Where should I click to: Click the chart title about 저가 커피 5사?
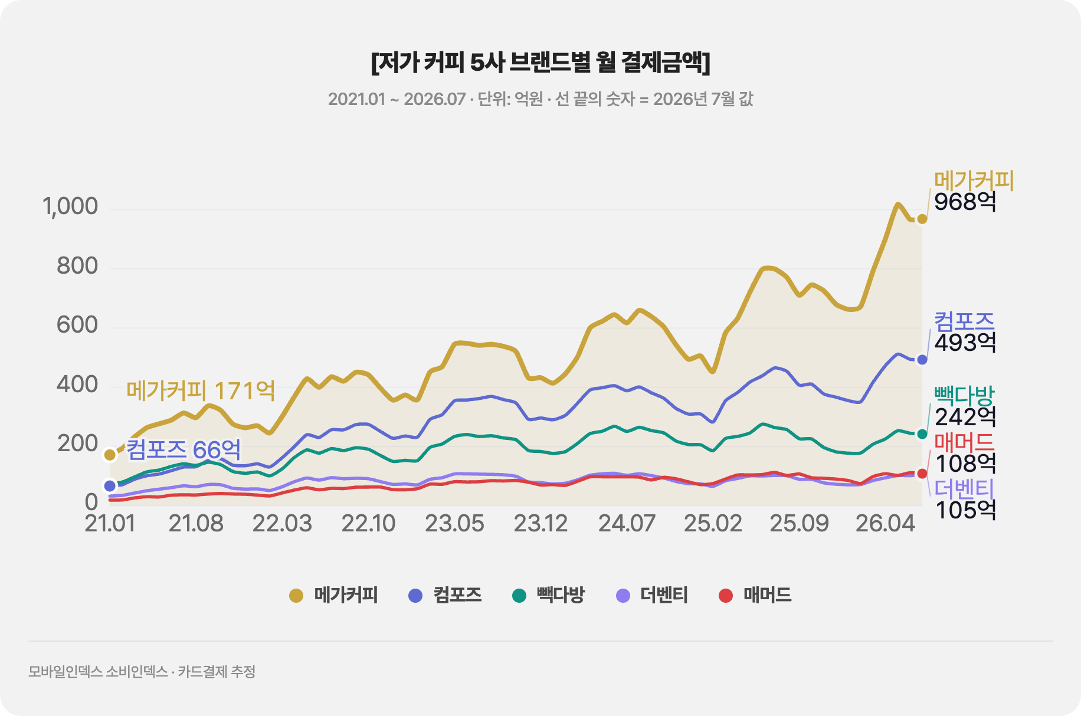540,62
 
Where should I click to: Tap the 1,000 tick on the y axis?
70,206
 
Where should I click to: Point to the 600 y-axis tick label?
77,325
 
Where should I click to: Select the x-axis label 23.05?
454,523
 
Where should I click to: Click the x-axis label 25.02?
713,523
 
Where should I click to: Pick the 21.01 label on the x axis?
110,523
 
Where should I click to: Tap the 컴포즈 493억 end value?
965,331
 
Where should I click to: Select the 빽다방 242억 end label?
965,406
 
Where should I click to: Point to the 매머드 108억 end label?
965,452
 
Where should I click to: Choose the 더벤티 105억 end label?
965,499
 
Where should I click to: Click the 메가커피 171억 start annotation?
201,390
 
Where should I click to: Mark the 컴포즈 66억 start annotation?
184,449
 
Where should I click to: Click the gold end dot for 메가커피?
922,219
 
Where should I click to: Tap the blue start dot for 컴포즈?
110,486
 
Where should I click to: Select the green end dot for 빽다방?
922,434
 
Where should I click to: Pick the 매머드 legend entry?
755,595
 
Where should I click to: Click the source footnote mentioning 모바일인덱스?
142,672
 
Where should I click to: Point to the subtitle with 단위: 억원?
540,98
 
